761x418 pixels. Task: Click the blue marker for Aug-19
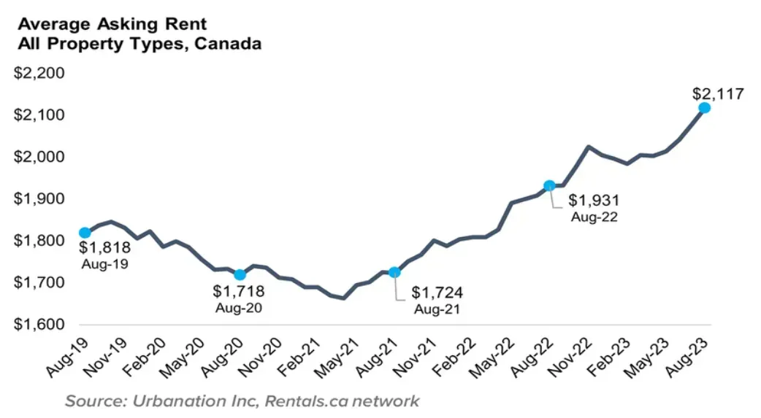click(85, 233)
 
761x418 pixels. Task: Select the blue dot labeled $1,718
click(240, 275)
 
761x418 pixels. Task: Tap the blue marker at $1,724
click(394, 272)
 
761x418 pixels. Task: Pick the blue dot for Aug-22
click(549, 185)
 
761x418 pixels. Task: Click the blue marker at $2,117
click(704, 107)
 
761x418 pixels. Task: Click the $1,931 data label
click(594, 200)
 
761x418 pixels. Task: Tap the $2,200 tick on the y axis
click(40, 74)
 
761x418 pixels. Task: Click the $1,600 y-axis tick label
click(40, 325)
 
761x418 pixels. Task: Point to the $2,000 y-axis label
click(40, 158)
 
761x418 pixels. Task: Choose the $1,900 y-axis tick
click(40, 199)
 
